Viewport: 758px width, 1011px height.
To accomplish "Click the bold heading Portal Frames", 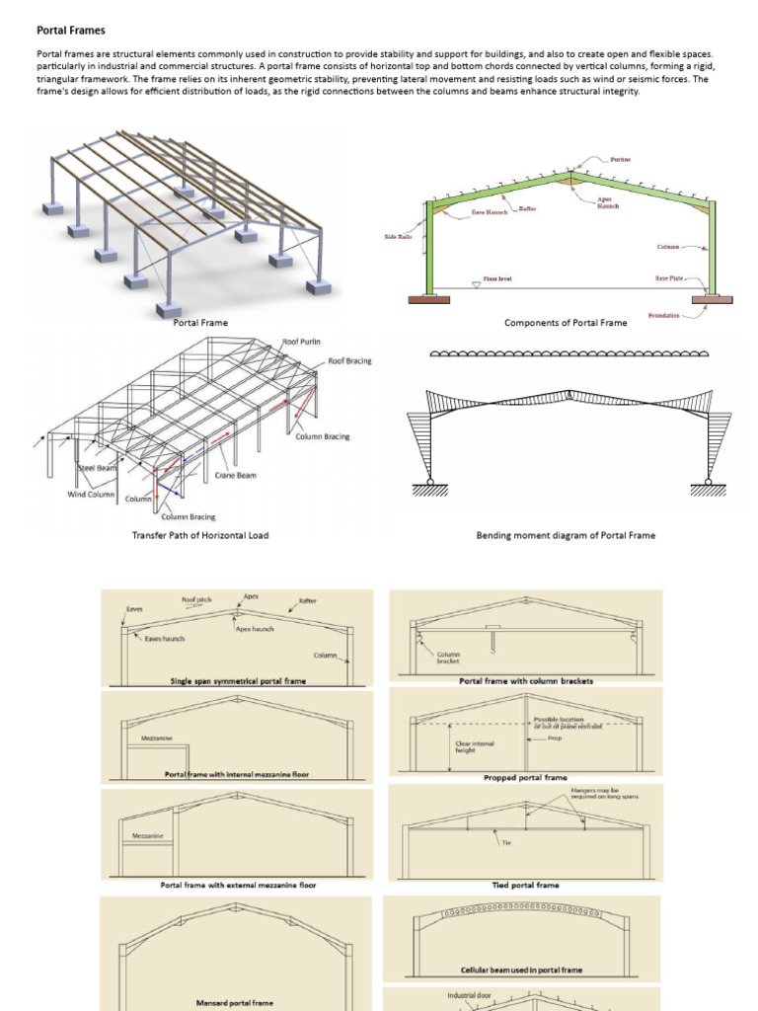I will tap(71, 31).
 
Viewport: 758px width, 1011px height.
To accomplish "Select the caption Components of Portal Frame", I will tap(565, 323).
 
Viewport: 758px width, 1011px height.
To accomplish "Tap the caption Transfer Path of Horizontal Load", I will tap(200, 535).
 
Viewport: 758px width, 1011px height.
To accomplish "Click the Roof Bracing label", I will tap(349, 361).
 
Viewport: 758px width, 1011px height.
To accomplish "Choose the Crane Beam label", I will tap(236, 475).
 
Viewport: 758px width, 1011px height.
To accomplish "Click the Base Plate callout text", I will tap(670, 279).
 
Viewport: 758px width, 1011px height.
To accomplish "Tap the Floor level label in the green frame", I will tap(497, 279).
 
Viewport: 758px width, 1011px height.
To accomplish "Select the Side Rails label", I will tap(398, 237).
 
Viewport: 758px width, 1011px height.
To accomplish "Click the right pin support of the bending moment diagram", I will tap(708, 485).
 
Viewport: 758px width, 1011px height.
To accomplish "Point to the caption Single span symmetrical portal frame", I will tap(237, 681).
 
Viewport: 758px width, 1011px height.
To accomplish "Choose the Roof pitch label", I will tap(195, 599).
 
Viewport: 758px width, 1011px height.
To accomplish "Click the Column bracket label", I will tap(448, 657).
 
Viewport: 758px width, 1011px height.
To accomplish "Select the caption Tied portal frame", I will tap(525, 885).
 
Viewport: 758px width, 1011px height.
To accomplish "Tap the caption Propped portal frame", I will tap(525, 777).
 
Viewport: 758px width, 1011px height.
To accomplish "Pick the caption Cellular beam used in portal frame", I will tap(521, 971).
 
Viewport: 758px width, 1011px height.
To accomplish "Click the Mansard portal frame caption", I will tap(235, 1002).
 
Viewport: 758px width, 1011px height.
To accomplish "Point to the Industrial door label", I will tap(469, 995).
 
